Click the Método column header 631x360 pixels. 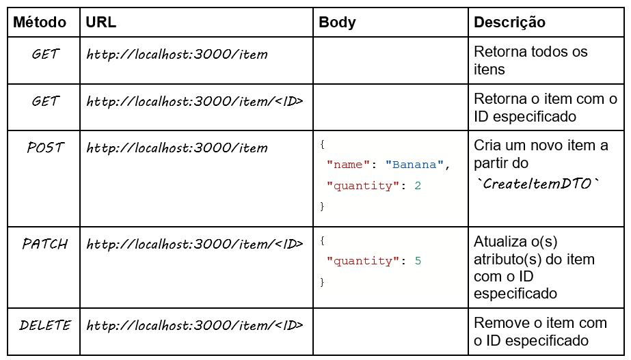click(x=40, y=22)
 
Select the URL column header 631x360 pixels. click(x=101, y=22)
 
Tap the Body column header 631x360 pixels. click(x=337, y=23)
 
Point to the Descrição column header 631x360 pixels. click(x=509, y=23)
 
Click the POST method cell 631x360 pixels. click(x=45, y=148)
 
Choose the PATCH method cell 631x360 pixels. click(x=44, y=244)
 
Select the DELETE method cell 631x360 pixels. click(x=44, y=325)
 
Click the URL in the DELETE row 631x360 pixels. click(x=195, y=325)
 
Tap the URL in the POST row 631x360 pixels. click(x=177, y=148)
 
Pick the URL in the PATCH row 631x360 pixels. click(x=195, y=244)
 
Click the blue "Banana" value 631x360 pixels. click(x=414, y=165)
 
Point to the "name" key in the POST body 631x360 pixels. click(x=348, y=165)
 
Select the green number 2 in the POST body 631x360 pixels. click(x=418, y=185)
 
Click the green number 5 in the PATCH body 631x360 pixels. click(x=418, y=261)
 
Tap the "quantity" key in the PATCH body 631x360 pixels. click(x=363, y=261)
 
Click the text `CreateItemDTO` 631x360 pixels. click(x=537, y=184)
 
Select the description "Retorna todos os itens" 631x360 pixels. click(x=531, y=60)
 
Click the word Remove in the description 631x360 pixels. click(x=500, y=322)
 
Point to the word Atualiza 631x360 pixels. click(x=500, y=241)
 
